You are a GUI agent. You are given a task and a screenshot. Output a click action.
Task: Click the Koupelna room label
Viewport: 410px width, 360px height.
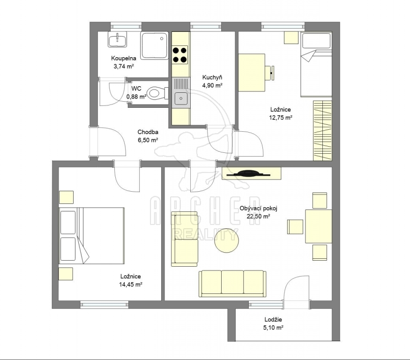[123, 58]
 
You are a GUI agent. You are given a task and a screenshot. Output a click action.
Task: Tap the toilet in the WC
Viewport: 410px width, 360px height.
[157, 93]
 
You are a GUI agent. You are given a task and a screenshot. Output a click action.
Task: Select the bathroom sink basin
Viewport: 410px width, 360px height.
[118, 39]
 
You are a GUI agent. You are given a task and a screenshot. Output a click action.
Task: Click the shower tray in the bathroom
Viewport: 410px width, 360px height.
[154, 45]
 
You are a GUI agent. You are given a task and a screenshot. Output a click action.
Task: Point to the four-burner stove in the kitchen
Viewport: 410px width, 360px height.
[180, 55]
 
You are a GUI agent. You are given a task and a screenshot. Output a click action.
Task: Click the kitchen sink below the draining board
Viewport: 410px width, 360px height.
[181, 98]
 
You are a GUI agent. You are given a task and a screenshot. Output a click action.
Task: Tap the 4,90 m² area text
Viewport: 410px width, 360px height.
[212, 85]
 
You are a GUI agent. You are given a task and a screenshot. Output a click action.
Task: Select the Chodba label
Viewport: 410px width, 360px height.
[148, 132]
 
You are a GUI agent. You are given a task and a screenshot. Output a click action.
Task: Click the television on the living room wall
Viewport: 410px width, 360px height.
[248, 174]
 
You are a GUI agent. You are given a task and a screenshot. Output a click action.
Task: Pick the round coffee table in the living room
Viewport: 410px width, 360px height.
[226, 240]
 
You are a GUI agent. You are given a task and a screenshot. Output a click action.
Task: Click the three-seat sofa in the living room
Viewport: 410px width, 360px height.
[232, 284]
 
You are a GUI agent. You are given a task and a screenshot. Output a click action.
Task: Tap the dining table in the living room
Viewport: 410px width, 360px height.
[319, 226]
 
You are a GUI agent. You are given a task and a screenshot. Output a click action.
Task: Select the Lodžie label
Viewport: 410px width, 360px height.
[273, 319]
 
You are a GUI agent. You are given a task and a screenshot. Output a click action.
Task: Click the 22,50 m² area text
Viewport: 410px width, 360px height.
[258, 217]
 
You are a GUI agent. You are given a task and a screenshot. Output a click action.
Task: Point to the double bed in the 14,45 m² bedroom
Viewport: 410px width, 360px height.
[91, 236]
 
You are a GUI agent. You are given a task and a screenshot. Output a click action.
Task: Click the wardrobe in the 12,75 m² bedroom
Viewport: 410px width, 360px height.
[323, 131]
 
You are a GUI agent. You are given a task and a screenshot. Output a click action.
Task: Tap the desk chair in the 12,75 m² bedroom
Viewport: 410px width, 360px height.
[270, 73]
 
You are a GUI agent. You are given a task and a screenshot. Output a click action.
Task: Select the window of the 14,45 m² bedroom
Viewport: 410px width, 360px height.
[104, 304]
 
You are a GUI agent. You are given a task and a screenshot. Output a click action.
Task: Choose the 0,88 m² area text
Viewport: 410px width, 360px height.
[136, 97]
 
